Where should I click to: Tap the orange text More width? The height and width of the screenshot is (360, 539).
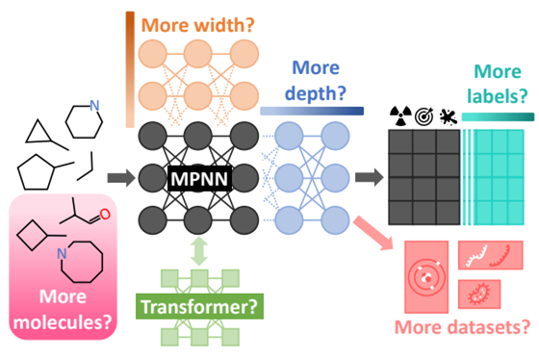(198, 22)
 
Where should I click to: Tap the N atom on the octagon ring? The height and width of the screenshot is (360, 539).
(61, 252)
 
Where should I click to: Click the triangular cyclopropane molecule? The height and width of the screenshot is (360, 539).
(40, 130)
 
